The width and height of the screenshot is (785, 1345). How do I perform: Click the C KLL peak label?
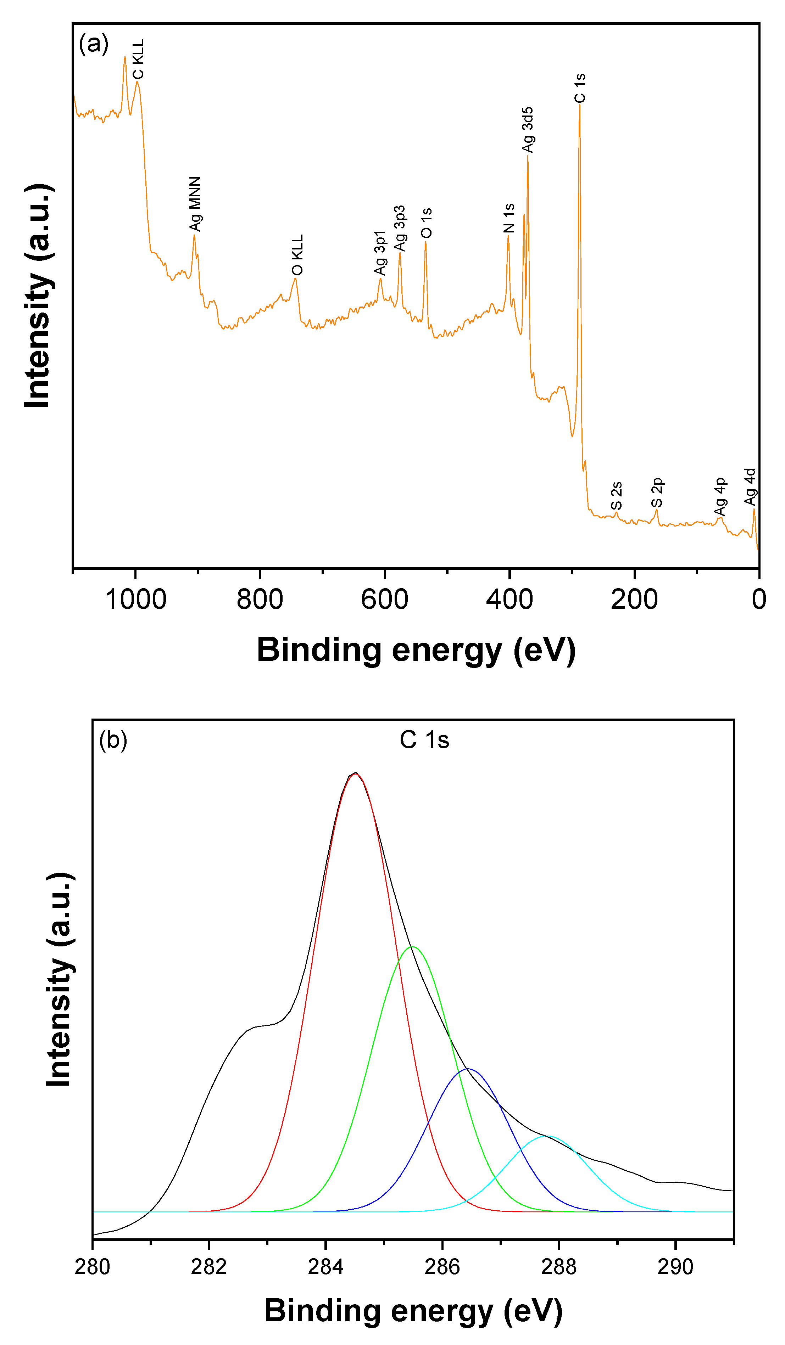(138, 59)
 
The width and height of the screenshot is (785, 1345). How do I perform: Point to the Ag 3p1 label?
(380, 253)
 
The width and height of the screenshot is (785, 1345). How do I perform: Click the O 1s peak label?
(425, 223)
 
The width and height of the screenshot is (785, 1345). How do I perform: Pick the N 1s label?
(509, 218)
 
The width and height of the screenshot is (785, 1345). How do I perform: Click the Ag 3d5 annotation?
(528, 130)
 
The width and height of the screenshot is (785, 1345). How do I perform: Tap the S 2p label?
(657, 493)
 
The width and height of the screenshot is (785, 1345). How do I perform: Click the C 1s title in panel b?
(424, 740)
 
